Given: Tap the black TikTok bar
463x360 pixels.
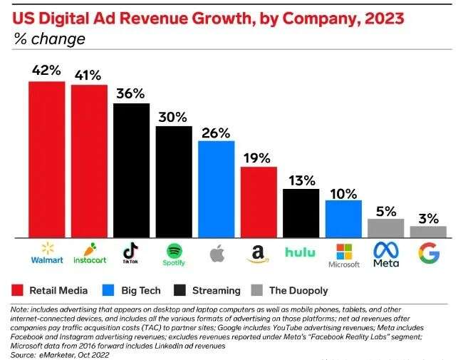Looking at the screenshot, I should (131, 170).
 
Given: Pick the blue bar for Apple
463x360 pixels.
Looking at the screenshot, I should (216, 189).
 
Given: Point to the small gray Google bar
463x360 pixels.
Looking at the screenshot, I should (428, 232).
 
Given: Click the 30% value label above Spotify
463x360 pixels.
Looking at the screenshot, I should (174, 117).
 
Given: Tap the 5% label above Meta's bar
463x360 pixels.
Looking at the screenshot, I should (385, 210).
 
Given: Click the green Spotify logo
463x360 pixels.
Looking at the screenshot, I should (174, 251).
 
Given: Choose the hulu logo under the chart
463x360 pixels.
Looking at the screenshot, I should (300, 252).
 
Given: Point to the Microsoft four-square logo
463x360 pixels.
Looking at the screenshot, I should (343, 251).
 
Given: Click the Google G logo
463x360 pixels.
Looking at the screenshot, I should (428, 253).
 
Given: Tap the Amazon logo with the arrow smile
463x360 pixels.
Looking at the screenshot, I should (259, 253).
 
